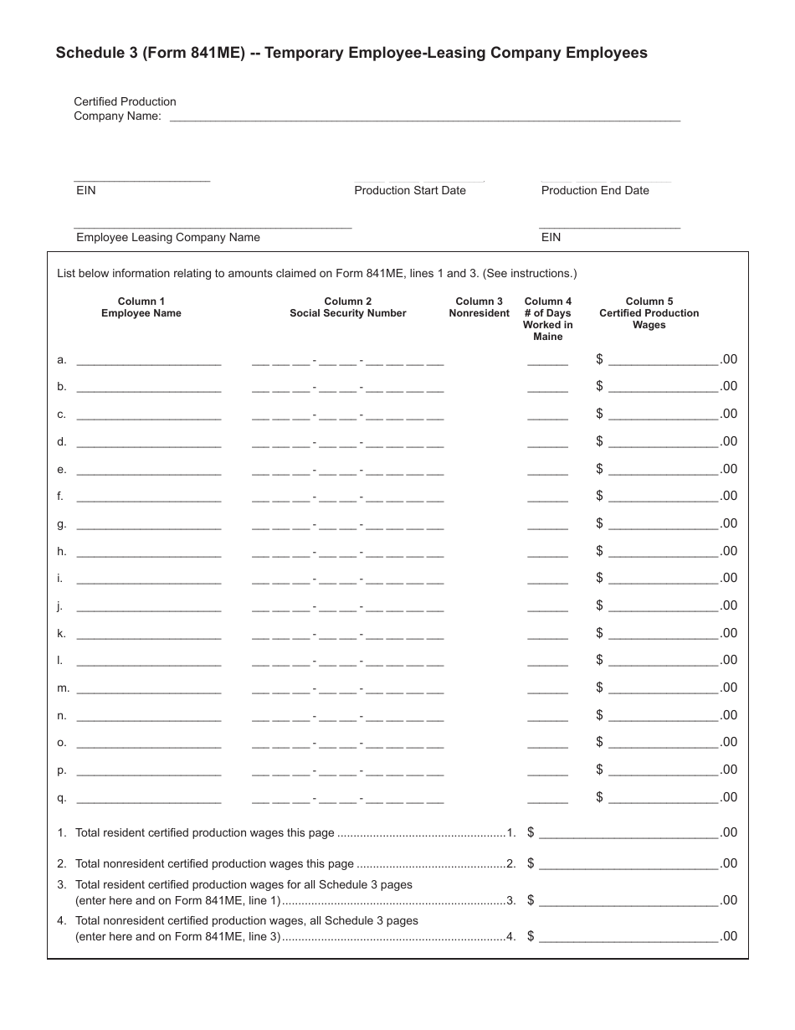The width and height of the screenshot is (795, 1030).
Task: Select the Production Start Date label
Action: pos(409,190)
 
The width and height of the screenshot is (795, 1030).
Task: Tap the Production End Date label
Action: pos(595,190)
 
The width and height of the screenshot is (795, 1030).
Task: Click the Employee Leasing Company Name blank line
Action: pos(213,225)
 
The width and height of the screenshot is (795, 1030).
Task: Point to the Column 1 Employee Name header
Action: pos(141,307)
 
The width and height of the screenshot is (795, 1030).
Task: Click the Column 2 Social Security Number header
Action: pos(348,307)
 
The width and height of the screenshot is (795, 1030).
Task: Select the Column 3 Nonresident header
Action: pos(479,307)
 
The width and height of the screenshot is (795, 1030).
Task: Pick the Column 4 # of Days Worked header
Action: pos(548,319)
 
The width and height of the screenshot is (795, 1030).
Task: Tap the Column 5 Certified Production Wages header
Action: pos(649,313)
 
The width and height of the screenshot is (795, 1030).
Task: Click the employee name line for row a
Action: pos(148,363)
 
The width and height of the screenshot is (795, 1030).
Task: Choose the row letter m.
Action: pos(62,688)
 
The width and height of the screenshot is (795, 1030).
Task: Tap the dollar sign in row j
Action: pos(599,605)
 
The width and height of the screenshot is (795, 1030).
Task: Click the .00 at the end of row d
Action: pos(729,441)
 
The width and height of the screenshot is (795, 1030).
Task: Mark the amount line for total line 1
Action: pos(628,836)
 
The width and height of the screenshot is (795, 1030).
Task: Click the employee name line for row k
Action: pos(148,636)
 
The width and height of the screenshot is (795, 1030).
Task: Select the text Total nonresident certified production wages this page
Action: pos(214,863)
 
